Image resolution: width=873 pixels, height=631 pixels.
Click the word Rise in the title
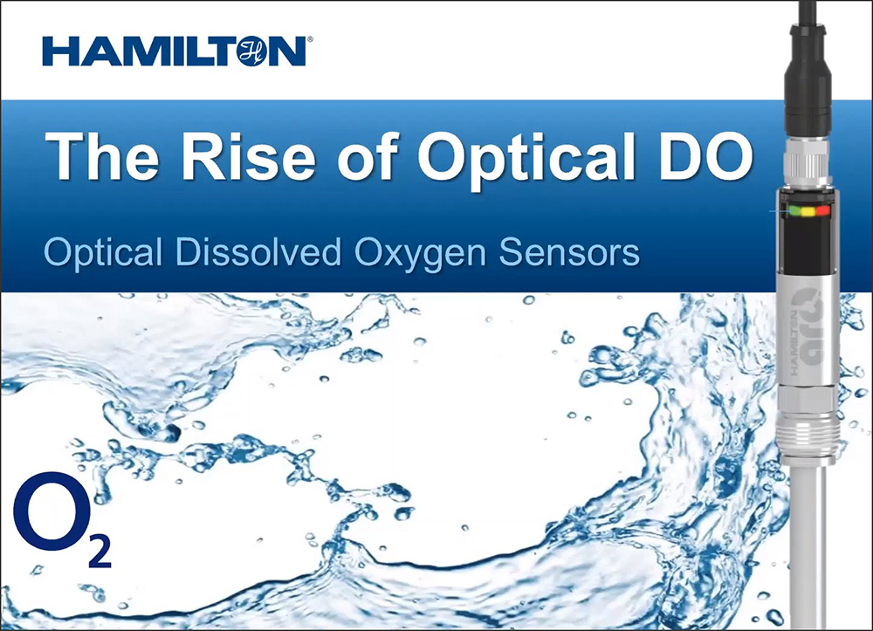[248, 156]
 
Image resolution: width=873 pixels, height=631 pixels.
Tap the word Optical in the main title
[526, 159]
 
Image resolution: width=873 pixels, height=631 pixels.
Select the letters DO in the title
[707, 156]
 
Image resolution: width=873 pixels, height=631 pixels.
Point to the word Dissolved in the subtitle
[258, 251]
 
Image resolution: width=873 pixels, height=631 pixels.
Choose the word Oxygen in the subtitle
[421, 254]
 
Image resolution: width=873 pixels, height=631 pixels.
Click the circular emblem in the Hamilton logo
[252, 51]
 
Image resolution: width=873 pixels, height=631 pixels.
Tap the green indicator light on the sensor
[794, 211]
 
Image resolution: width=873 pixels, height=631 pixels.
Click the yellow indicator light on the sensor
[808, 211]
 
